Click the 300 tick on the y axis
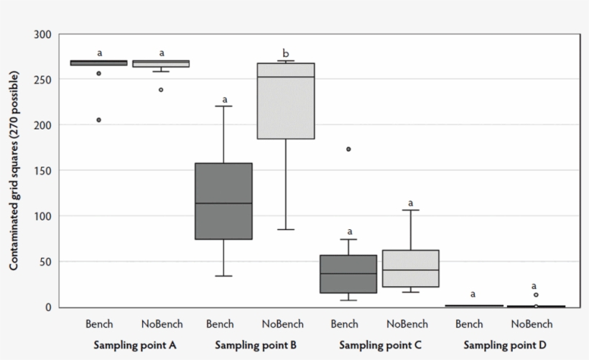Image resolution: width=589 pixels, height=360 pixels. (x=42, y=34)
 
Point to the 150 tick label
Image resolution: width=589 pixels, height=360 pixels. (x=42, y=170)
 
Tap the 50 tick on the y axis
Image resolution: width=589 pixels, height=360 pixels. (x=45, y=262)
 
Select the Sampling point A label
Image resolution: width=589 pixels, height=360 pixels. (x=134, y=345)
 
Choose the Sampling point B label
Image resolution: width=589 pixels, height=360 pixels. (x=256, y=345)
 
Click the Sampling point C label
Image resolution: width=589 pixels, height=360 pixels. (x=379, y=345)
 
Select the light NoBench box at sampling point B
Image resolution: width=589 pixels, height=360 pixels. (x=287, y=101)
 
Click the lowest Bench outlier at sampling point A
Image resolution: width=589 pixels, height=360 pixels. (x=99, y=120)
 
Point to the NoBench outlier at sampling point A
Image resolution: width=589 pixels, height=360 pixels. (x=161, y=90)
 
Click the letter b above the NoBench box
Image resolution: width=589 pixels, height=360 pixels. (x=286, y=52)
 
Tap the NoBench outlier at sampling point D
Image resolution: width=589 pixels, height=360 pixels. (x=536, y=295)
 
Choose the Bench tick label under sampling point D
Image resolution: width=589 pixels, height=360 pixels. (x=469, y=324)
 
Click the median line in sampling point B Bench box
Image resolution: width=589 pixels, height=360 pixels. (x=223, y=203)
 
